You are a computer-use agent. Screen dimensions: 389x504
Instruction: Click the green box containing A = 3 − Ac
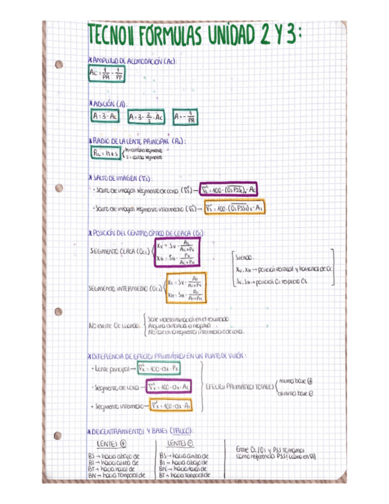(106, 117)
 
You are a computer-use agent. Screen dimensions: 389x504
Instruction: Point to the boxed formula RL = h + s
(106, 153)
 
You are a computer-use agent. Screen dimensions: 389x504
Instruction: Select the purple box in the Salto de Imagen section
(229, 190)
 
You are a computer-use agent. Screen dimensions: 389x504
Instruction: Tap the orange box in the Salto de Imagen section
(234, 208)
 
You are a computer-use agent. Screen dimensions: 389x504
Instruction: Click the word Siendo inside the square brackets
(244, 259)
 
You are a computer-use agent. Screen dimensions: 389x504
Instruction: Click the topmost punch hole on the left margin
(58, 65)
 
